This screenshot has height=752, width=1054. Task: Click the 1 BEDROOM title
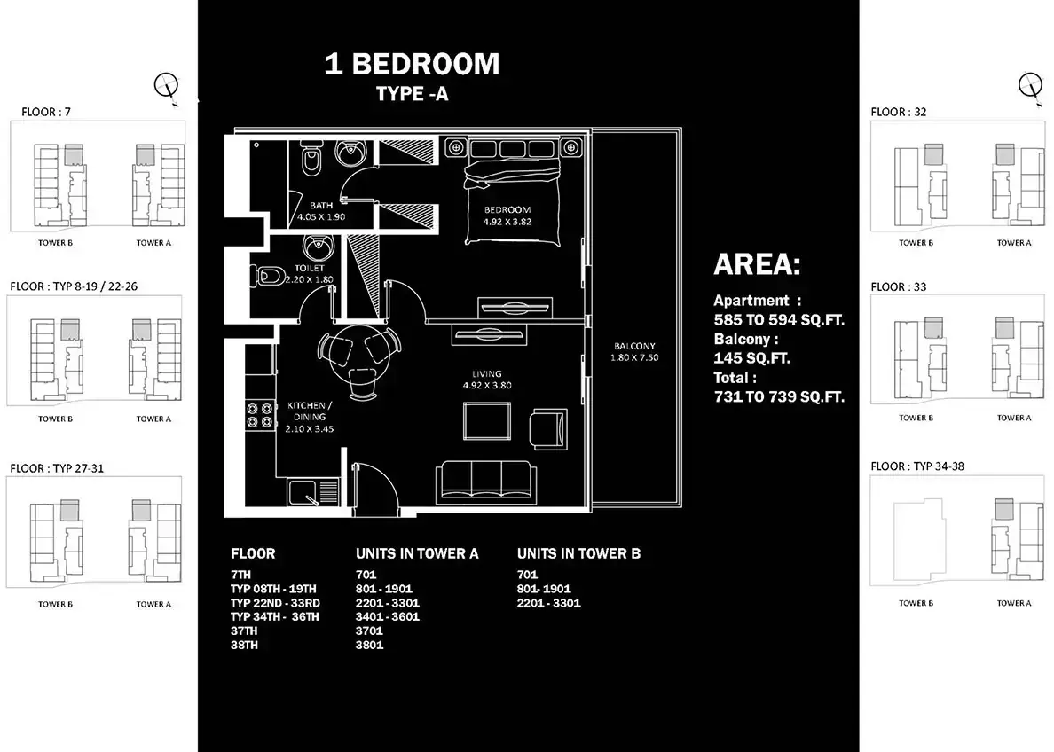pos(412,65)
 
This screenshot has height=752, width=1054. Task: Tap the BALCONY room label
pos(633,346)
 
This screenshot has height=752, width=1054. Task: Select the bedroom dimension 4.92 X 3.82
pos(507,222)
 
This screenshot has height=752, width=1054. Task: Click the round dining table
pos(357,351)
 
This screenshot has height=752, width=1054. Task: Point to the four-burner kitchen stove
pos(260,415)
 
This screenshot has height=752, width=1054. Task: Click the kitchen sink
pos(304,492)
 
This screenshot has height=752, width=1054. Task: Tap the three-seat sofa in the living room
pos(486,482)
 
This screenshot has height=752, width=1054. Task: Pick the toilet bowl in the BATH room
pos(311,161)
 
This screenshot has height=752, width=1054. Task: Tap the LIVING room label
pos(487,373)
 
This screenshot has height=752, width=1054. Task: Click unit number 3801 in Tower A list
pos(370,646)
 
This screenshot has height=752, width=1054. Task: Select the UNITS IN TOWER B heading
pos(578,553)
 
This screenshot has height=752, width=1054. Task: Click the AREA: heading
pos(757,264)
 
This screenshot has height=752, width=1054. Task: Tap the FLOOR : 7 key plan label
pos(46,112)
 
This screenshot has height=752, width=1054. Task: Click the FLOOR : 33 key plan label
pos(898,287)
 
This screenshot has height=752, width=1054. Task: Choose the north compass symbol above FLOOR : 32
pos(1031,88)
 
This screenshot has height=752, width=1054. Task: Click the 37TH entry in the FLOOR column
pos(244,631)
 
